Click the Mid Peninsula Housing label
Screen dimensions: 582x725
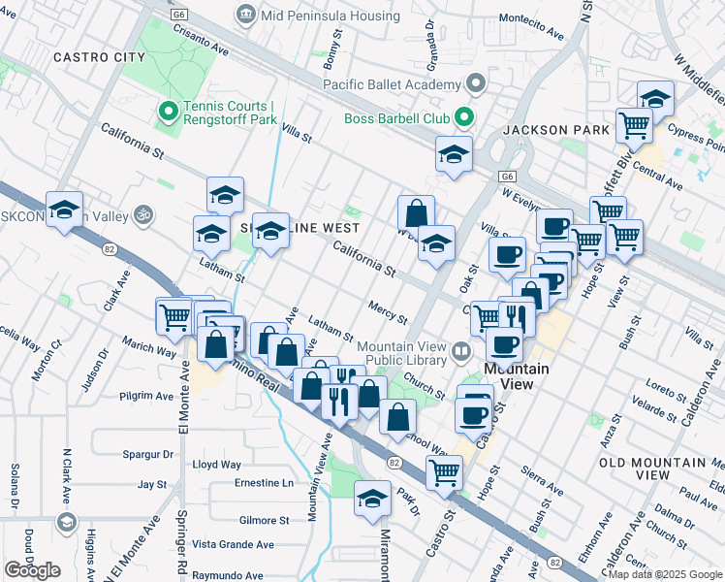[x=328, y=16]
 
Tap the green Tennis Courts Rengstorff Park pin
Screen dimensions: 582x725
[x=167, y=113]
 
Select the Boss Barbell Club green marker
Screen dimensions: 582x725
[x=463, y=118]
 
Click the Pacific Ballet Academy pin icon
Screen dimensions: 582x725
[x=476, y=84]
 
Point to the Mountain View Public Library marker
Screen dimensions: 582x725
[x=460, y=350]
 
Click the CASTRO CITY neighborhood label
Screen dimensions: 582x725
[x=99, y=57]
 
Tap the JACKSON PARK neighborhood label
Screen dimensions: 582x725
[x=555, y=129]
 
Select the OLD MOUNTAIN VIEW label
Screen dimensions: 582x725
[x=662, y=469]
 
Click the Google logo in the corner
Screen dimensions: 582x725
[x=32, y=570]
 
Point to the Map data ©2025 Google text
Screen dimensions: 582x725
[x=665, y=574]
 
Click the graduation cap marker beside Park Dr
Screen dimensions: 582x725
[x=372, y=499]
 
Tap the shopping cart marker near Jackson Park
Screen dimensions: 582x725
[x=633, y=124]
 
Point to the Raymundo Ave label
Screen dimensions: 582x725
[x=226, y=575]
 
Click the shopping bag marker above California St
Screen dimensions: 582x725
[x=415, y=212]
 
